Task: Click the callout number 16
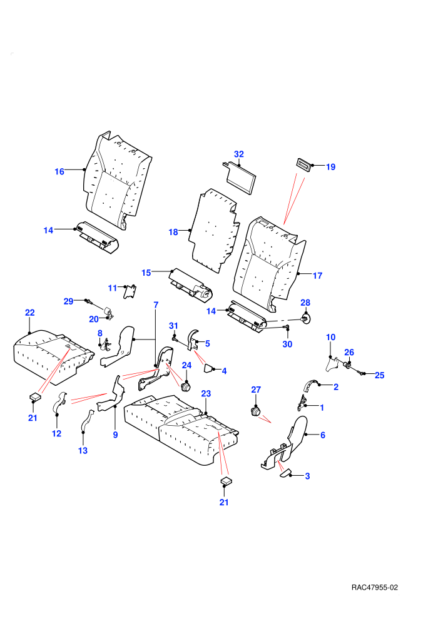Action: (x=59, y=172)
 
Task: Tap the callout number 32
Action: (x=239, y=154)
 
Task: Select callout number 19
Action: (x=330, y=167)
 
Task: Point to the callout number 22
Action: (x=30, y=313)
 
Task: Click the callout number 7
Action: (x=156, y=304)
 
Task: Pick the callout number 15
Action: (x=146, y=273)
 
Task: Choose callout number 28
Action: (x=305, y=303)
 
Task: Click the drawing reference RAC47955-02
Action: (x=374, y=587)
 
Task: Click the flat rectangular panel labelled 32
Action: (x=240, y=178)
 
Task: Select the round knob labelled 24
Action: (x=185, y=385)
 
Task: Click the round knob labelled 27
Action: (x=256, y=411)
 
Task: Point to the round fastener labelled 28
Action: (x=305, y=319)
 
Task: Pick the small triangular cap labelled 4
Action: (x=208, y=369)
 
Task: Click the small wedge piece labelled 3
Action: (x=285, y=474)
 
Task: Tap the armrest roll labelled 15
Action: (x=190, y=285)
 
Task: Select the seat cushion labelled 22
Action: (x=53, y=357)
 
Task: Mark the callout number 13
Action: (x=83, y=450)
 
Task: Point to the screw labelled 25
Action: (x=359, y=371)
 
